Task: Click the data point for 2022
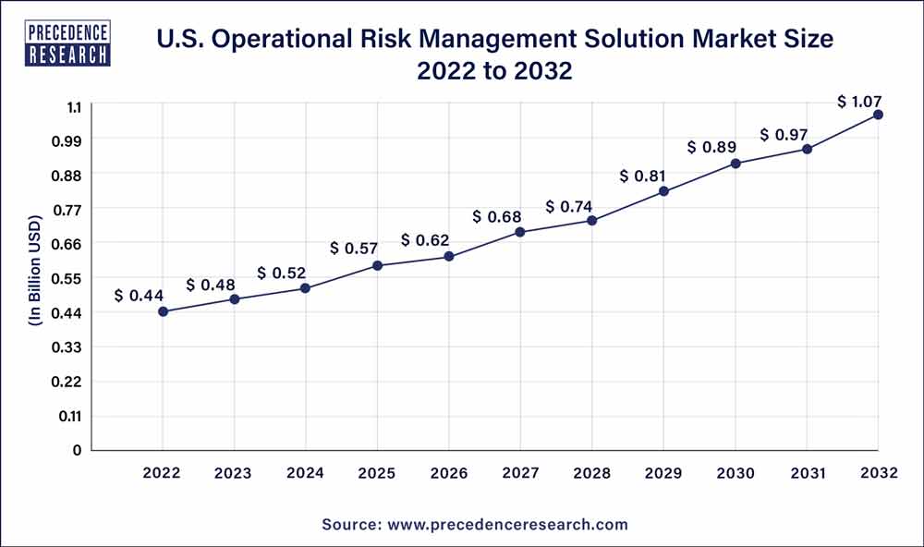(x=163, y=311)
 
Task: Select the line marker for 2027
(x=520, y=232)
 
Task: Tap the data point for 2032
(x=878, y=115)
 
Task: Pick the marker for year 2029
(x=663, y=191)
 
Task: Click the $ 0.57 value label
(x=354, y=248)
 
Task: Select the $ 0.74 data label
(x=569, y=206)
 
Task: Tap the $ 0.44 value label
(x=139, y=296)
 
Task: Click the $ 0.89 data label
(x=711, y=147)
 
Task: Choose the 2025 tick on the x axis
(x=377, y=473)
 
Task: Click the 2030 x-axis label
(x=736, y=473)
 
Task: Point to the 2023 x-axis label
(x=234, y=473)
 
